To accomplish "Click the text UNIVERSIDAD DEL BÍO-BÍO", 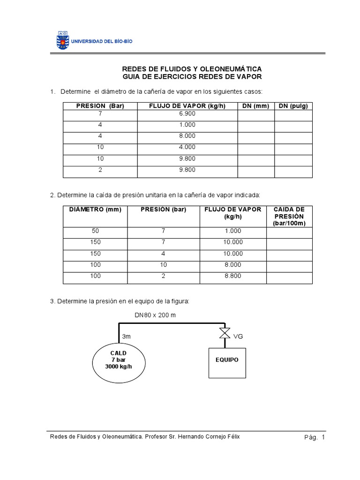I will (102, 41).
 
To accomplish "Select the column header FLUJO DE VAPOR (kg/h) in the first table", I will (187, 106).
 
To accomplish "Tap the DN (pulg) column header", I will (293, 106).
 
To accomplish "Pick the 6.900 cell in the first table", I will (187, 114).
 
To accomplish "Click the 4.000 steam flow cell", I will (187, 147).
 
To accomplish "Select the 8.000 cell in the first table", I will (187, 136).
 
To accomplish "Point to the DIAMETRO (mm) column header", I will (95, 210).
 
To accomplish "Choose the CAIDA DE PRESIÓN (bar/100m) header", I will (289, 216).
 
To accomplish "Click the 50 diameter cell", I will (95, 231).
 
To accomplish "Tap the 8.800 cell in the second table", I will (233, 276).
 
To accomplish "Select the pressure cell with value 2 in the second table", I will (164, 276).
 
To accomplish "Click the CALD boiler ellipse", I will (119, 360).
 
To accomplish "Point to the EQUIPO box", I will (227, 360).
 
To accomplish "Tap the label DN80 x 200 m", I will (155, 315).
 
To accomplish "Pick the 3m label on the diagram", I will (127, 337).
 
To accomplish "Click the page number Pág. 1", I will (314, 437).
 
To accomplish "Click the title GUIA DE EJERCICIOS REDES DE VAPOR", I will (192, 76).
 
